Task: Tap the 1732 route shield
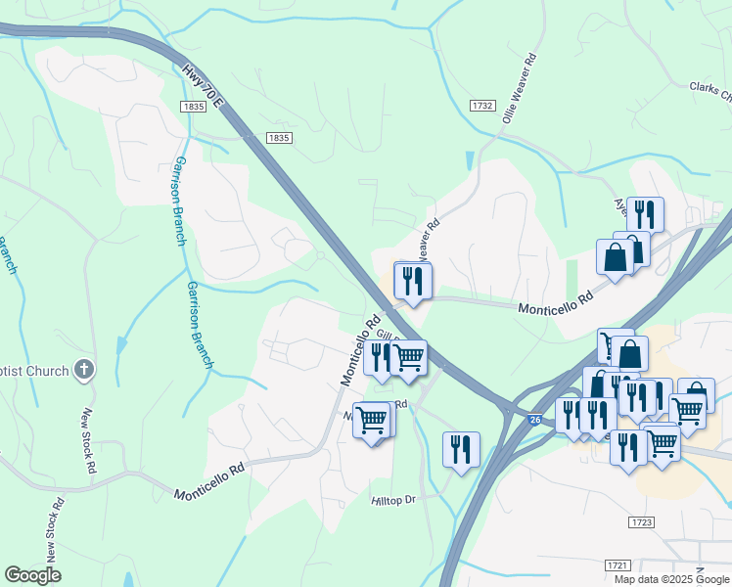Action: (x=481, y=106)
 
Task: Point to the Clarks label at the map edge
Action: (x=709, y=92)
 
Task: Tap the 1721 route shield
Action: (x=617, y=565)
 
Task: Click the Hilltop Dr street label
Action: (x=394, y=500)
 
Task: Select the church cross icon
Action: (x=85, y=370)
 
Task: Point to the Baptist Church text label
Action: (x=34, y=371)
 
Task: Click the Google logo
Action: (x=32, y=575)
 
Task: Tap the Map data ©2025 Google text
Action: (x=672, y=579)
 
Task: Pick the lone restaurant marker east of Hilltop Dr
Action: (x=461, y=449)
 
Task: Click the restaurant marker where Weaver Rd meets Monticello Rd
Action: (x=412, y=281)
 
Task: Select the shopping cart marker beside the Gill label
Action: (x=408, y=357)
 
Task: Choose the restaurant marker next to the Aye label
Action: (x=645, y=214)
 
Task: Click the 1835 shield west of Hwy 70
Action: (x=192, y=106)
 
